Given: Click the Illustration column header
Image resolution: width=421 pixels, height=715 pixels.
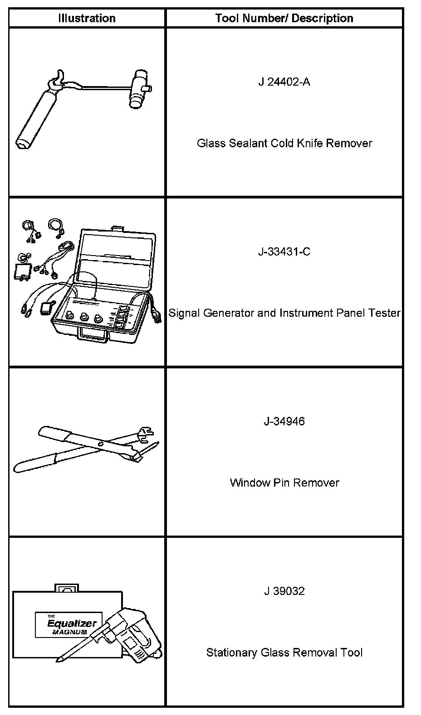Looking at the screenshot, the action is pos(87,18).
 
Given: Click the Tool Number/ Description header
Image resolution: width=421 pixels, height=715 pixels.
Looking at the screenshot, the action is pos(284,18).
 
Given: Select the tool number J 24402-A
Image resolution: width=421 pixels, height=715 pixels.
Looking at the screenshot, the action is pos(284,82).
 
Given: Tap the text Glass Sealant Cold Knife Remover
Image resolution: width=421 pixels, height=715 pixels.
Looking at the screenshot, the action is pos(284,143).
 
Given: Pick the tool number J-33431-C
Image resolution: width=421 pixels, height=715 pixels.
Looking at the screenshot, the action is pos(284,251).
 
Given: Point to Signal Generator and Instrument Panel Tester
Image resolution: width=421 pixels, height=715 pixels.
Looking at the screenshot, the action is pos(284,313).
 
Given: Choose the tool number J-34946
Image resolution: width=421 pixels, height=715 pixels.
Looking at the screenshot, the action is pos(284,421).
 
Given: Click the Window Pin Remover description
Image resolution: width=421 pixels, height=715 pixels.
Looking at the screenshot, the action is pos(284,483).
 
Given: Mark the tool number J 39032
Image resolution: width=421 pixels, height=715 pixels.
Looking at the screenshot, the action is pos(284,591).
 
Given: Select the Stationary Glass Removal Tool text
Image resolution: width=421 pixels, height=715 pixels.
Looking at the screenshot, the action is pos(284,652).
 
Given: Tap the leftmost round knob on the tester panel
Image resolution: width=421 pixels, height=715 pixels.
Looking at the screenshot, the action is pos(70,315).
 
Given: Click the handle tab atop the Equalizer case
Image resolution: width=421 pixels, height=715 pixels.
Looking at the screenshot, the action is pos(65,588).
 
